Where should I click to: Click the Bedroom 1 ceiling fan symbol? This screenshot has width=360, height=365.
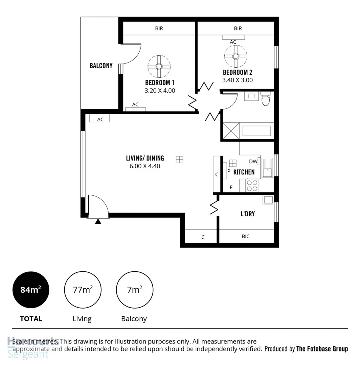159,66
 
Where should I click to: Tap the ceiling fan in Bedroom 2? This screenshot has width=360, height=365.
236,56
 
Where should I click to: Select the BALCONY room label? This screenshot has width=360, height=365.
101,66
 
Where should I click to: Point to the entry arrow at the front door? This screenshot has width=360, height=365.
98,221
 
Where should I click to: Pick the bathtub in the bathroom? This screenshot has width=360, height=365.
257,131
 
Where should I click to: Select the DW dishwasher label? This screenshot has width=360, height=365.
253,162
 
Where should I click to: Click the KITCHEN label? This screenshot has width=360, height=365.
244,172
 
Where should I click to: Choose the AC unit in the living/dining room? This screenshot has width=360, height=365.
100,119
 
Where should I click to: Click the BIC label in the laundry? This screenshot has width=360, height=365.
246,237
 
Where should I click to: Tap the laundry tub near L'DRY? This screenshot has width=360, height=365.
269,200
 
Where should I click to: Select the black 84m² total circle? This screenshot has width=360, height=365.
31,290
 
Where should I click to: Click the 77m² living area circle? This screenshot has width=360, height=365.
83,290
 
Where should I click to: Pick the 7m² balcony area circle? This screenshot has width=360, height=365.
134,290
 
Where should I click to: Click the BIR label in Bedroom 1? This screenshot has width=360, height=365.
159,29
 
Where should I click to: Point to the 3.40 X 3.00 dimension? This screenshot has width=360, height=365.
237,80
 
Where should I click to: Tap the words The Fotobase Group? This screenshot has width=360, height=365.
322,349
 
